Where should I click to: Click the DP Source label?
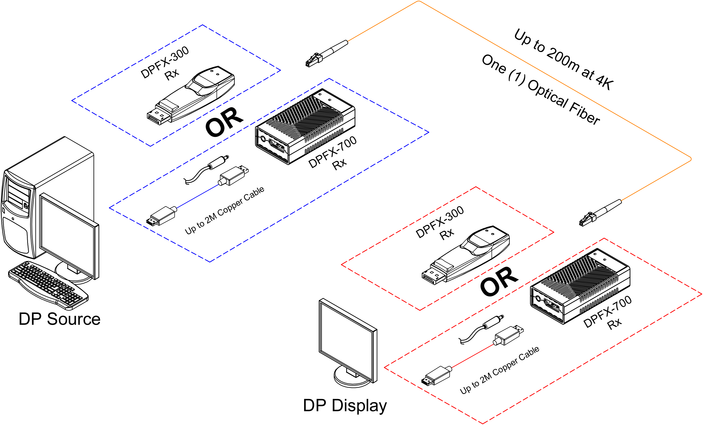pyautogui.click(x=59, y=319)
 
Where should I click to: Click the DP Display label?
pyautogui.click(x=345, y=405)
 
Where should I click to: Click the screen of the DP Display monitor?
pyautogui.click(x=346, y=340)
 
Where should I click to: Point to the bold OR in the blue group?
pyautogui.click(x=224, y=122)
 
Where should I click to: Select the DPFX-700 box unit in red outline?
pyautogui.click(x=580, y=286)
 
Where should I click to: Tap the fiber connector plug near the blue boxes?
pyautogui.click(x=327, y=54)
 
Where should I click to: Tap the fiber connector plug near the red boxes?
pyautogui.click(x=600, y=213)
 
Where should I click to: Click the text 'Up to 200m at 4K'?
pyautogui.click(x=564, y=59)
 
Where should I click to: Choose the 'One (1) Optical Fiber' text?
pyautogui.click(x=541, y=90)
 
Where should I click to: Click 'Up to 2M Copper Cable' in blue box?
pyautogui.click(x=224, y=211)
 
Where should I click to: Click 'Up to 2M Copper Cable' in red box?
pyautogui.click(x=499, y=370)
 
